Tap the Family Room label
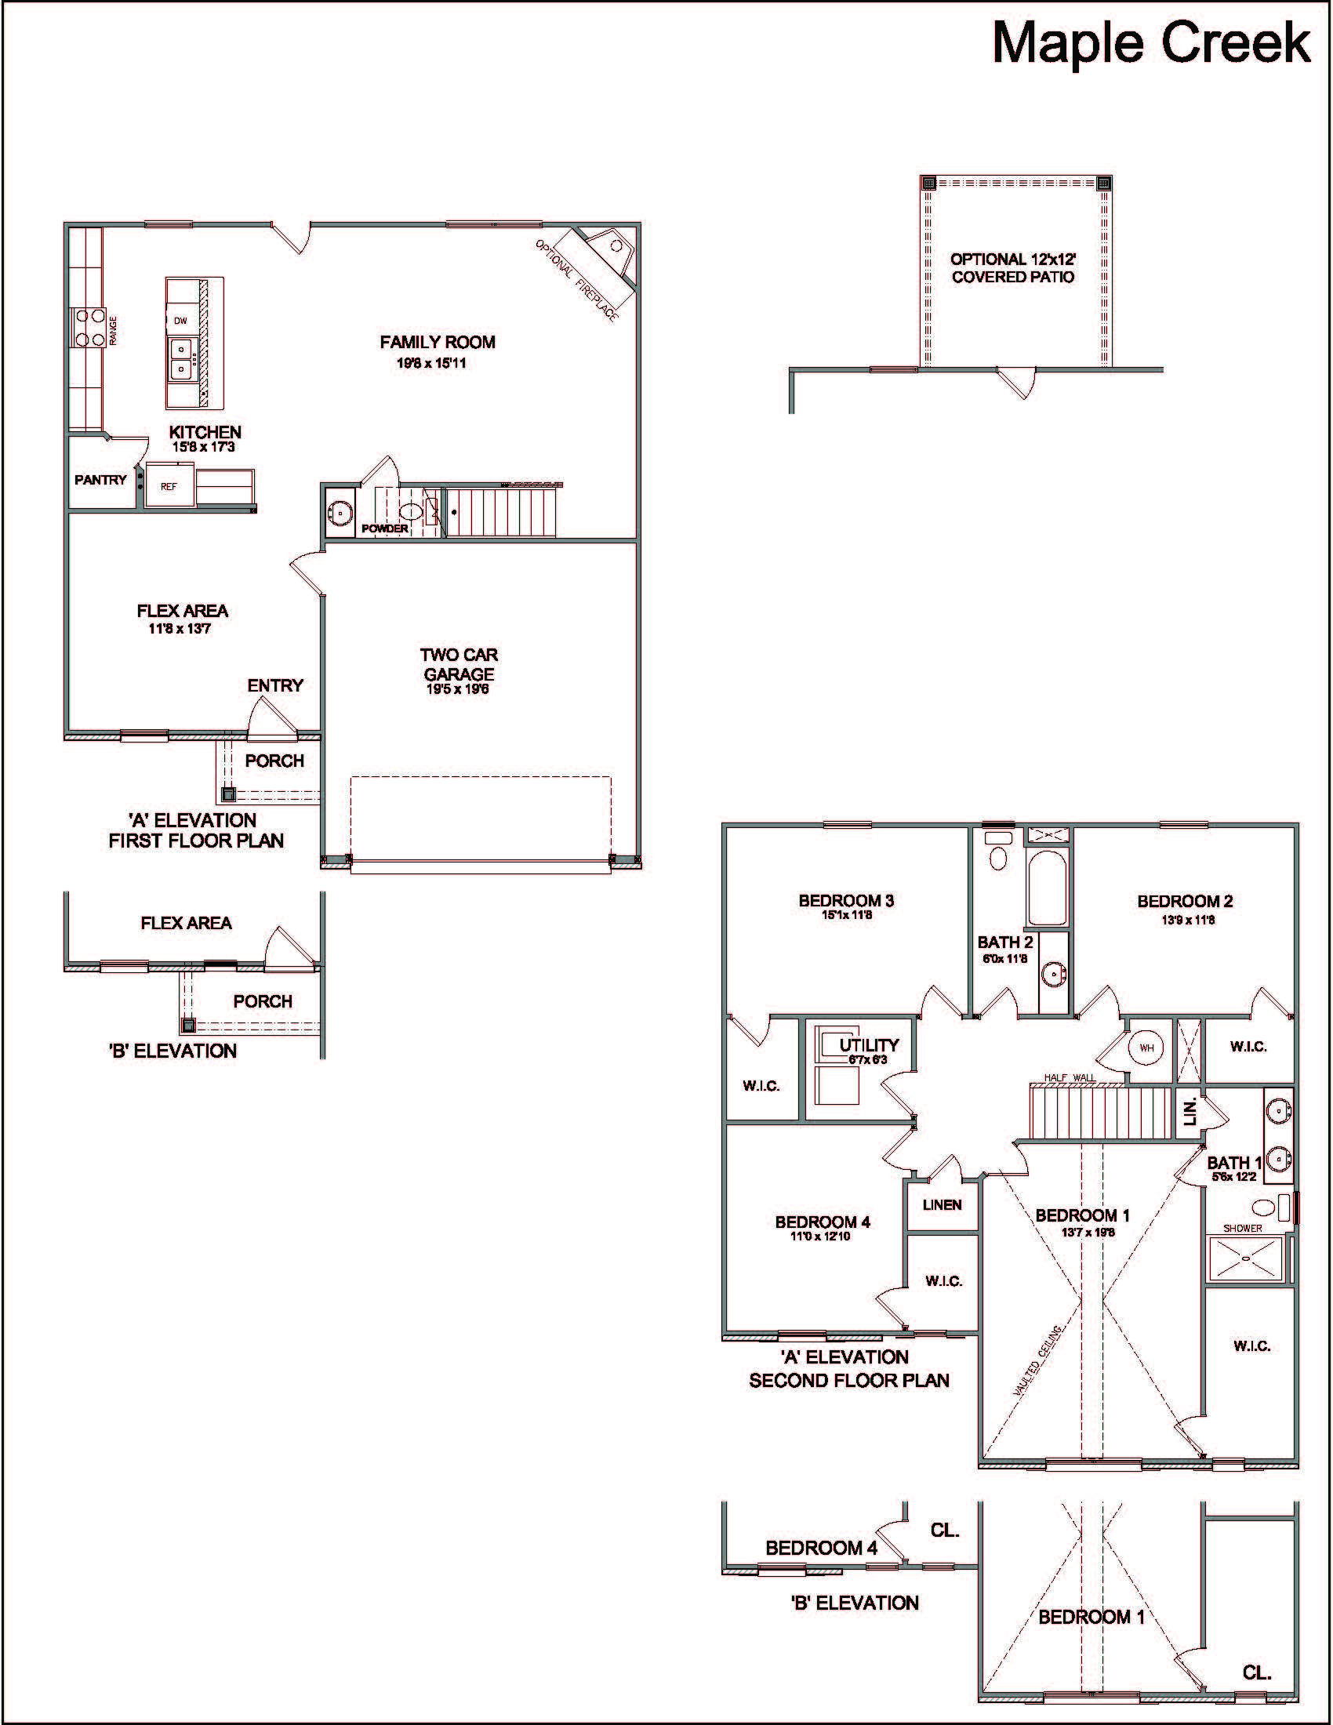438,342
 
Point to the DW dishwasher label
181,321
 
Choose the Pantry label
100,479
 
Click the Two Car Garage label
459,664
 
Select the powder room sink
340,512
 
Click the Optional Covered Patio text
1013,267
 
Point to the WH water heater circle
1146,1048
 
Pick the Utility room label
870,1045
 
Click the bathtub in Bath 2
1047,887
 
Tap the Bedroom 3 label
846,900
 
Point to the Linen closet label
942,1204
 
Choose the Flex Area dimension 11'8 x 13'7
180,629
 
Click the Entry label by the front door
274,685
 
